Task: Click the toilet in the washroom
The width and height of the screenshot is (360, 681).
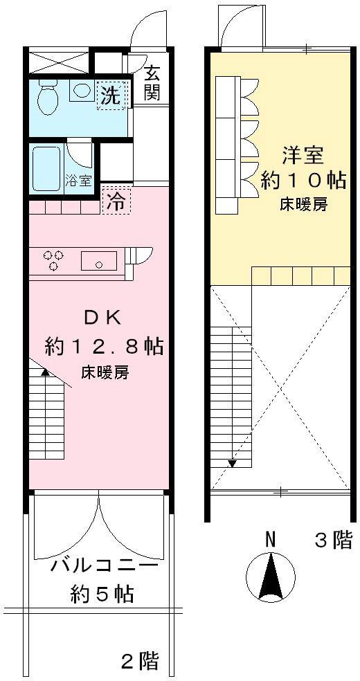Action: [x=48, y=98]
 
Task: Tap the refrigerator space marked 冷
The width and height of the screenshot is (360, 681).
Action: [x=116, y=201]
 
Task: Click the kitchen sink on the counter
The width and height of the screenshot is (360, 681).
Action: [x=98, y=261]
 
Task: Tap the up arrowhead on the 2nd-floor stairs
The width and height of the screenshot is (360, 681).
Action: [x=45, y=371]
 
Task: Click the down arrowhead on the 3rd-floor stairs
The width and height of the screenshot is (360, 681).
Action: [x=233, y=464]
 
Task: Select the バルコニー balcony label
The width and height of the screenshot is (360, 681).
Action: [x=105, y=567]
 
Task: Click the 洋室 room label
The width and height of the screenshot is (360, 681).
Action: [x=303, y=155]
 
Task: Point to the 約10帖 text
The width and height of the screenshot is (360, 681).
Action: [x=303, y=180]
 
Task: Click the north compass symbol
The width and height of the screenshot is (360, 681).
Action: [x=270, y=576]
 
